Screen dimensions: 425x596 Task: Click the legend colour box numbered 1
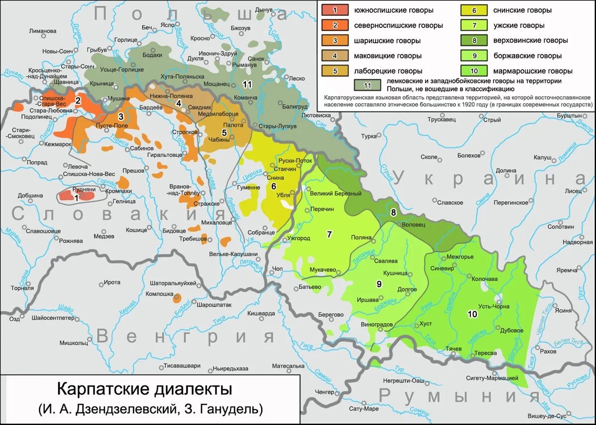click(x=335, y=10)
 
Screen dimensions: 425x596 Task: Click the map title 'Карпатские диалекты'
click(x=144, y=389)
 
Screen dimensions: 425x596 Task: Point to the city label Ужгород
click(x=298, y=238)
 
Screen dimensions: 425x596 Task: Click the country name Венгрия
click(x=185, y=337)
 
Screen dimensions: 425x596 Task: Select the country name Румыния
click(x=459, y=396)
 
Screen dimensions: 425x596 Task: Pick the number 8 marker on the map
click(x=393, y=212)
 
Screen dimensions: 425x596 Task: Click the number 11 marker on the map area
click(x=247, y=84)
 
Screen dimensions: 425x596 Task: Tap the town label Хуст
click(x=426, y=323)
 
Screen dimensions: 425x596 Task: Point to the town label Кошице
click(x=136, y=230)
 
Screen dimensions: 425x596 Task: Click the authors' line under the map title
click(x=149, y=409)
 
